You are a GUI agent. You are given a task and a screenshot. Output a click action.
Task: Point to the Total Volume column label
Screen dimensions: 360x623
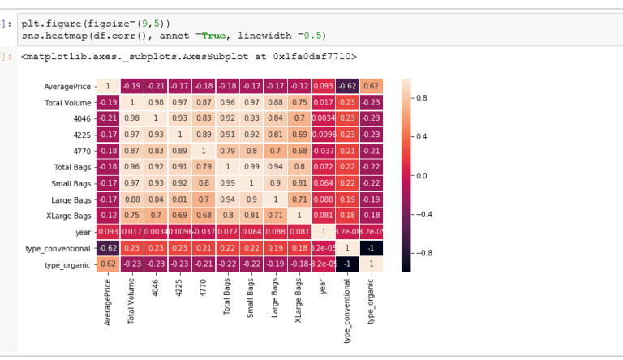point(131,302)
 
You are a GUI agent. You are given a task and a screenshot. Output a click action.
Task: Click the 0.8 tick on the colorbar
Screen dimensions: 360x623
point(422,97)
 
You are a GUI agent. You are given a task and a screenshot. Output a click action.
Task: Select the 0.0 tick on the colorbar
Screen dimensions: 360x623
point(422,175)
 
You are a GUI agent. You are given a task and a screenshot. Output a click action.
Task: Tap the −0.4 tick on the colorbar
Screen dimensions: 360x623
point(423,214)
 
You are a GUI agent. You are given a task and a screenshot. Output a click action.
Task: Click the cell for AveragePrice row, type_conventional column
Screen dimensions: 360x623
point(348,86)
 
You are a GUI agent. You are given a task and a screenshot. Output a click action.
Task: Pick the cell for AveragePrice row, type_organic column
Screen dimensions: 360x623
point(372,86)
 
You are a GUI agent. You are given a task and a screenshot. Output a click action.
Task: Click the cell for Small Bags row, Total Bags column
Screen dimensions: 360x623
point(227,183)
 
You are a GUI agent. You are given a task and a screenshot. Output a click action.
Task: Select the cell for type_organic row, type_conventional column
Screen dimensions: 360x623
point(348,264)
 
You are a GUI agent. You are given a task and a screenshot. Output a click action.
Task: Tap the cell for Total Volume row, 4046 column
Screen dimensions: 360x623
point(155,102)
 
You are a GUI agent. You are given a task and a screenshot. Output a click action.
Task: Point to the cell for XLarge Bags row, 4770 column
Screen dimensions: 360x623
point(203,215)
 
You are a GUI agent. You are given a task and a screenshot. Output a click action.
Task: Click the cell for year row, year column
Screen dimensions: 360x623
point(324,231)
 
